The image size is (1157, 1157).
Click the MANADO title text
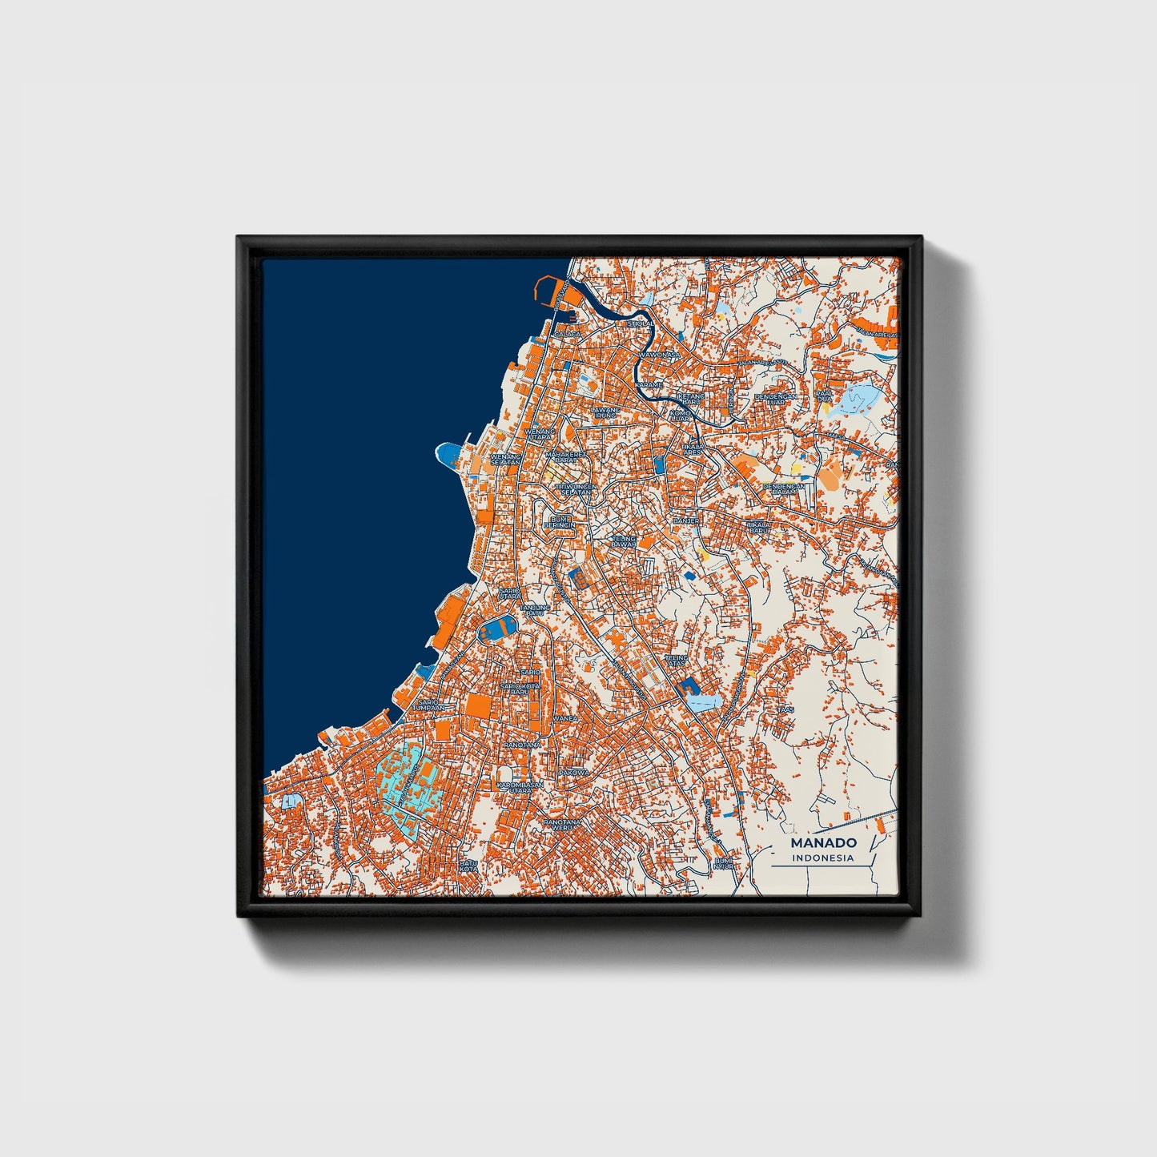click(x=823, y=842)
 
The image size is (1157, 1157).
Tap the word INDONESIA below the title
click(x=823, y=858)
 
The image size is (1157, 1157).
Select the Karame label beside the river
click(x=649, y=384)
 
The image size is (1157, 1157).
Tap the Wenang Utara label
click(x=540, y=434)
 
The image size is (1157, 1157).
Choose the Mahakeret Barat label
click(x=560, y=456)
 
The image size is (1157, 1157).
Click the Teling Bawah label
click(x=624, y=542)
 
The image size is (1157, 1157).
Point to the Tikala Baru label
click(x=757, y=528)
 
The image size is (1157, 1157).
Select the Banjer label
click(x=686, y=520)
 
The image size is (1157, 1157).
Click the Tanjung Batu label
click(x=535, y=610)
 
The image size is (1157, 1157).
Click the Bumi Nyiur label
click(x=724, y=863)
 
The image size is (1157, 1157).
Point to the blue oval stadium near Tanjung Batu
click(x=497, y=629)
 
